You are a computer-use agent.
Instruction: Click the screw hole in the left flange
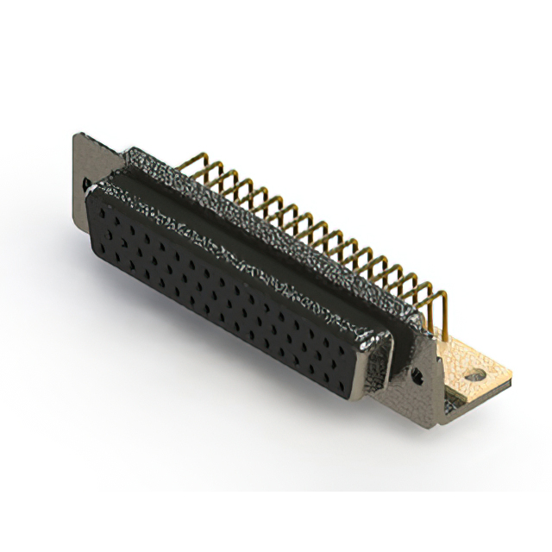coord(86,184)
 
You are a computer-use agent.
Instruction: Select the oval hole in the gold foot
coord(472,377)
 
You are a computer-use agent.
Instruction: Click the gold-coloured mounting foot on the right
coord(470,367)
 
